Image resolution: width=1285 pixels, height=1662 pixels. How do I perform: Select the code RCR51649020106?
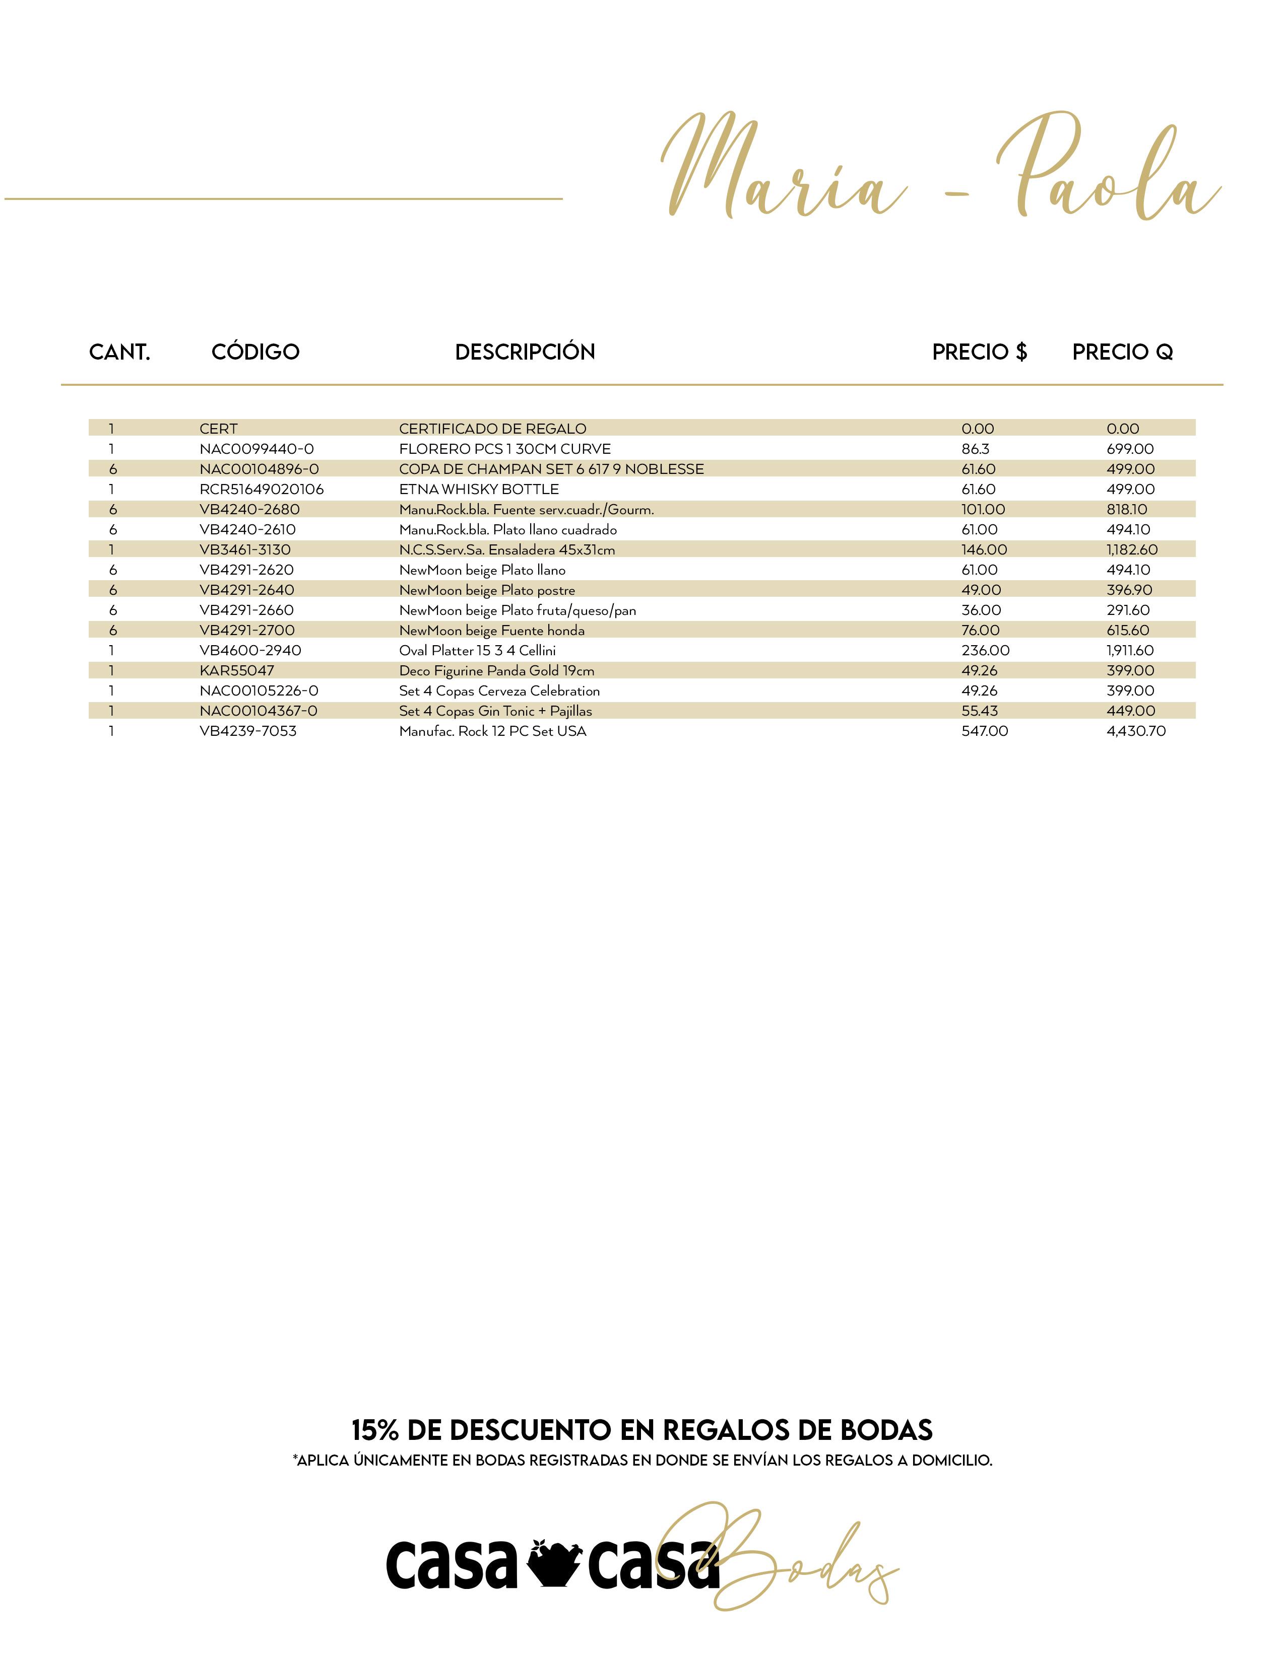261,490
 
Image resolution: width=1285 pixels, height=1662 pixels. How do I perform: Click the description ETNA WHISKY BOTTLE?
479,490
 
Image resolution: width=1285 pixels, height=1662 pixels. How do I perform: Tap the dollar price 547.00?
984,731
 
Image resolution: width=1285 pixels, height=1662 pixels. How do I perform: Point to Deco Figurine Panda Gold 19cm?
496,670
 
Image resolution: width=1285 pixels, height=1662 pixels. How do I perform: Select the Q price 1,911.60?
1130,651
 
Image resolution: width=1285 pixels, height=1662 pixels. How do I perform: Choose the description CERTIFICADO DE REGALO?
492,429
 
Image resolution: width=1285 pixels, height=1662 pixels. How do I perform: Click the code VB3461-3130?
244,549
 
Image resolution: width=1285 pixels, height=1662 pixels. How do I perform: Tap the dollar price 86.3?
975,449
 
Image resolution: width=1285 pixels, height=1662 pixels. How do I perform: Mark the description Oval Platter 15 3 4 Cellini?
477,651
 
